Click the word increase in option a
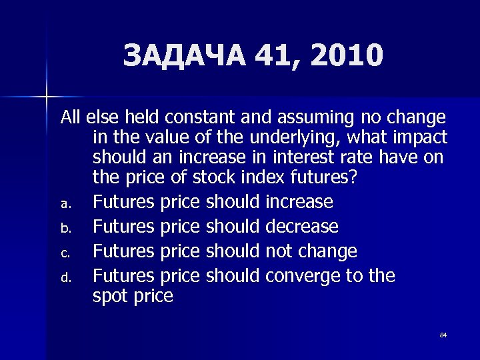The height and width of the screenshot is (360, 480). tap(299, 202)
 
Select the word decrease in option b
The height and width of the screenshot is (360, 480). tap(301, 227)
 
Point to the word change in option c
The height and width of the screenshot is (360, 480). tap(327, 251)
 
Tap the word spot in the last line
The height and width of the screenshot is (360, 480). tap(110, 296)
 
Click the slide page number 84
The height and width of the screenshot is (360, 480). tap(443, 335)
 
